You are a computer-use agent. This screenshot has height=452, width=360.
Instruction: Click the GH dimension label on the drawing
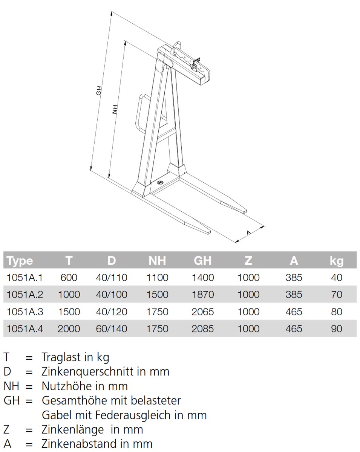[99, 90]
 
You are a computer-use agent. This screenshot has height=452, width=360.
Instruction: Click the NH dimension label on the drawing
[115, 109]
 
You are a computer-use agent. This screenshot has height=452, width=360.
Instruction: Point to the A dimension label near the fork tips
[249, 233]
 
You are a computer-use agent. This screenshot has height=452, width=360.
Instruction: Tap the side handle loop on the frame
[141, 112]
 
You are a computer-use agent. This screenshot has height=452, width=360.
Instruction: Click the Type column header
[20, 261]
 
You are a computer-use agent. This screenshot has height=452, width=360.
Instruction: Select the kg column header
[337, 261]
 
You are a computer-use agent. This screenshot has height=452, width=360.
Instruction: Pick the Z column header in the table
[248, 261]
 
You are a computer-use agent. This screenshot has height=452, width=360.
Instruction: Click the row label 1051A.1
[25, 278]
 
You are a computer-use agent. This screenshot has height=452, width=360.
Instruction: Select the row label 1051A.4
[25, 329]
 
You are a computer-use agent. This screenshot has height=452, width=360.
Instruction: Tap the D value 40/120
[112, 312]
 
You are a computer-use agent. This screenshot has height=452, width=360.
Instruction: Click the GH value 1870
[203, 295]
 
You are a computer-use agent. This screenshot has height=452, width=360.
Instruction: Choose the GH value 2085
[203, 329]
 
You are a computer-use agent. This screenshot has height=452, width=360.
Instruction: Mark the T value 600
[69, 278]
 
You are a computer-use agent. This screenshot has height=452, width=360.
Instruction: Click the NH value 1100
[158, 278]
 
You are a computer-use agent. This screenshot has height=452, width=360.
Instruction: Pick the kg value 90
[337, 329]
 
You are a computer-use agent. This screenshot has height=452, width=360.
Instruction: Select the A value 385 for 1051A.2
[294, 295]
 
